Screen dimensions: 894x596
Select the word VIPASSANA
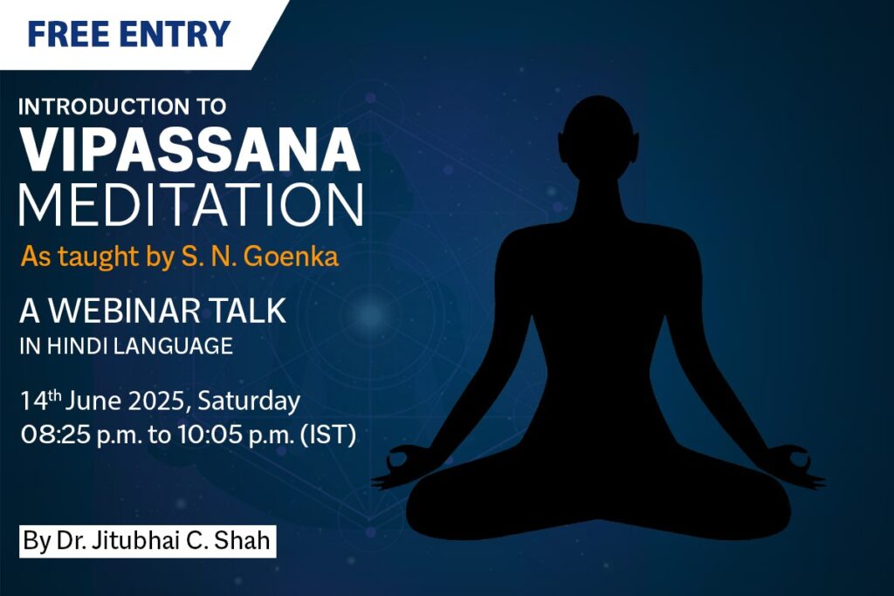(190, 149)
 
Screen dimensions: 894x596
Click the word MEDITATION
(191, 205)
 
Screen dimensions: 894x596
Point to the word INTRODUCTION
(104, 106)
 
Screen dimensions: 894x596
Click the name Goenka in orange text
(291, 257)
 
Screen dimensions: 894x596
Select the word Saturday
(249, 401)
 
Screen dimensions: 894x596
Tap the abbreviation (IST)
(328, 435)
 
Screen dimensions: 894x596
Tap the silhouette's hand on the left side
(399, 467)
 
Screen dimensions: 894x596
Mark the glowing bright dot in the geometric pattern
(370, 313)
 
